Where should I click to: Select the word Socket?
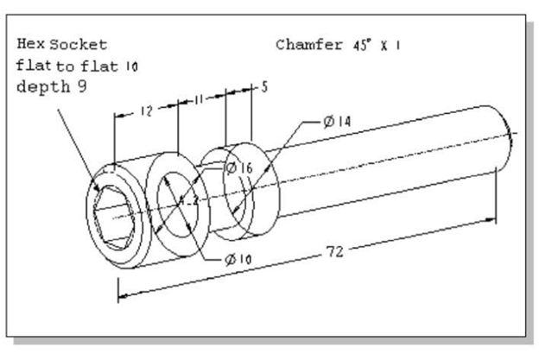point(79,45)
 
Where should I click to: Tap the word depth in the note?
point(43,86)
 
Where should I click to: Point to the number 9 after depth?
point(82,85)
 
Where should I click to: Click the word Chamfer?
point(309,45)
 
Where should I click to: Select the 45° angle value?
point(362,45)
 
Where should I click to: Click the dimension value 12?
point(146,111)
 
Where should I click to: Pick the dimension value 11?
point(199,99)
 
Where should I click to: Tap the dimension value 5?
point(264,87)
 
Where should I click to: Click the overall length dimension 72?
point(335,251)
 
